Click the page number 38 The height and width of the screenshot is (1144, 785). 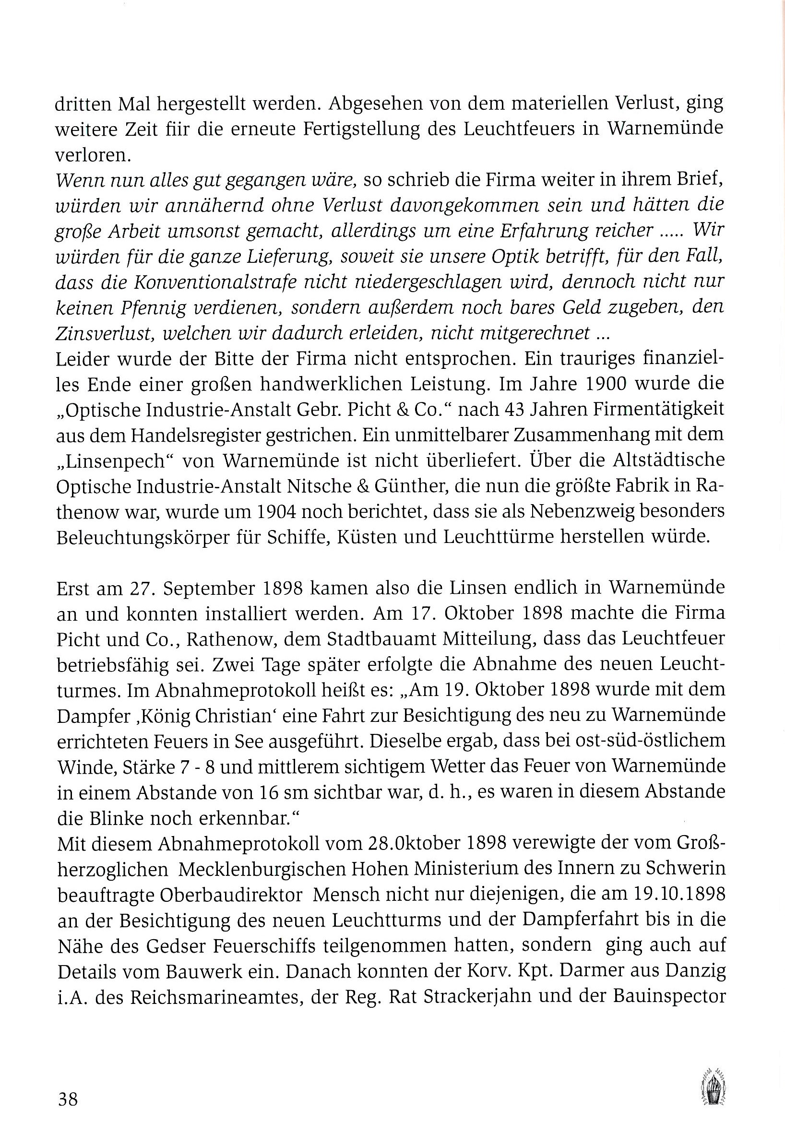(68, 1099)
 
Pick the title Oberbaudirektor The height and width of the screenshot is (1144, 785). (180, 894)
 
